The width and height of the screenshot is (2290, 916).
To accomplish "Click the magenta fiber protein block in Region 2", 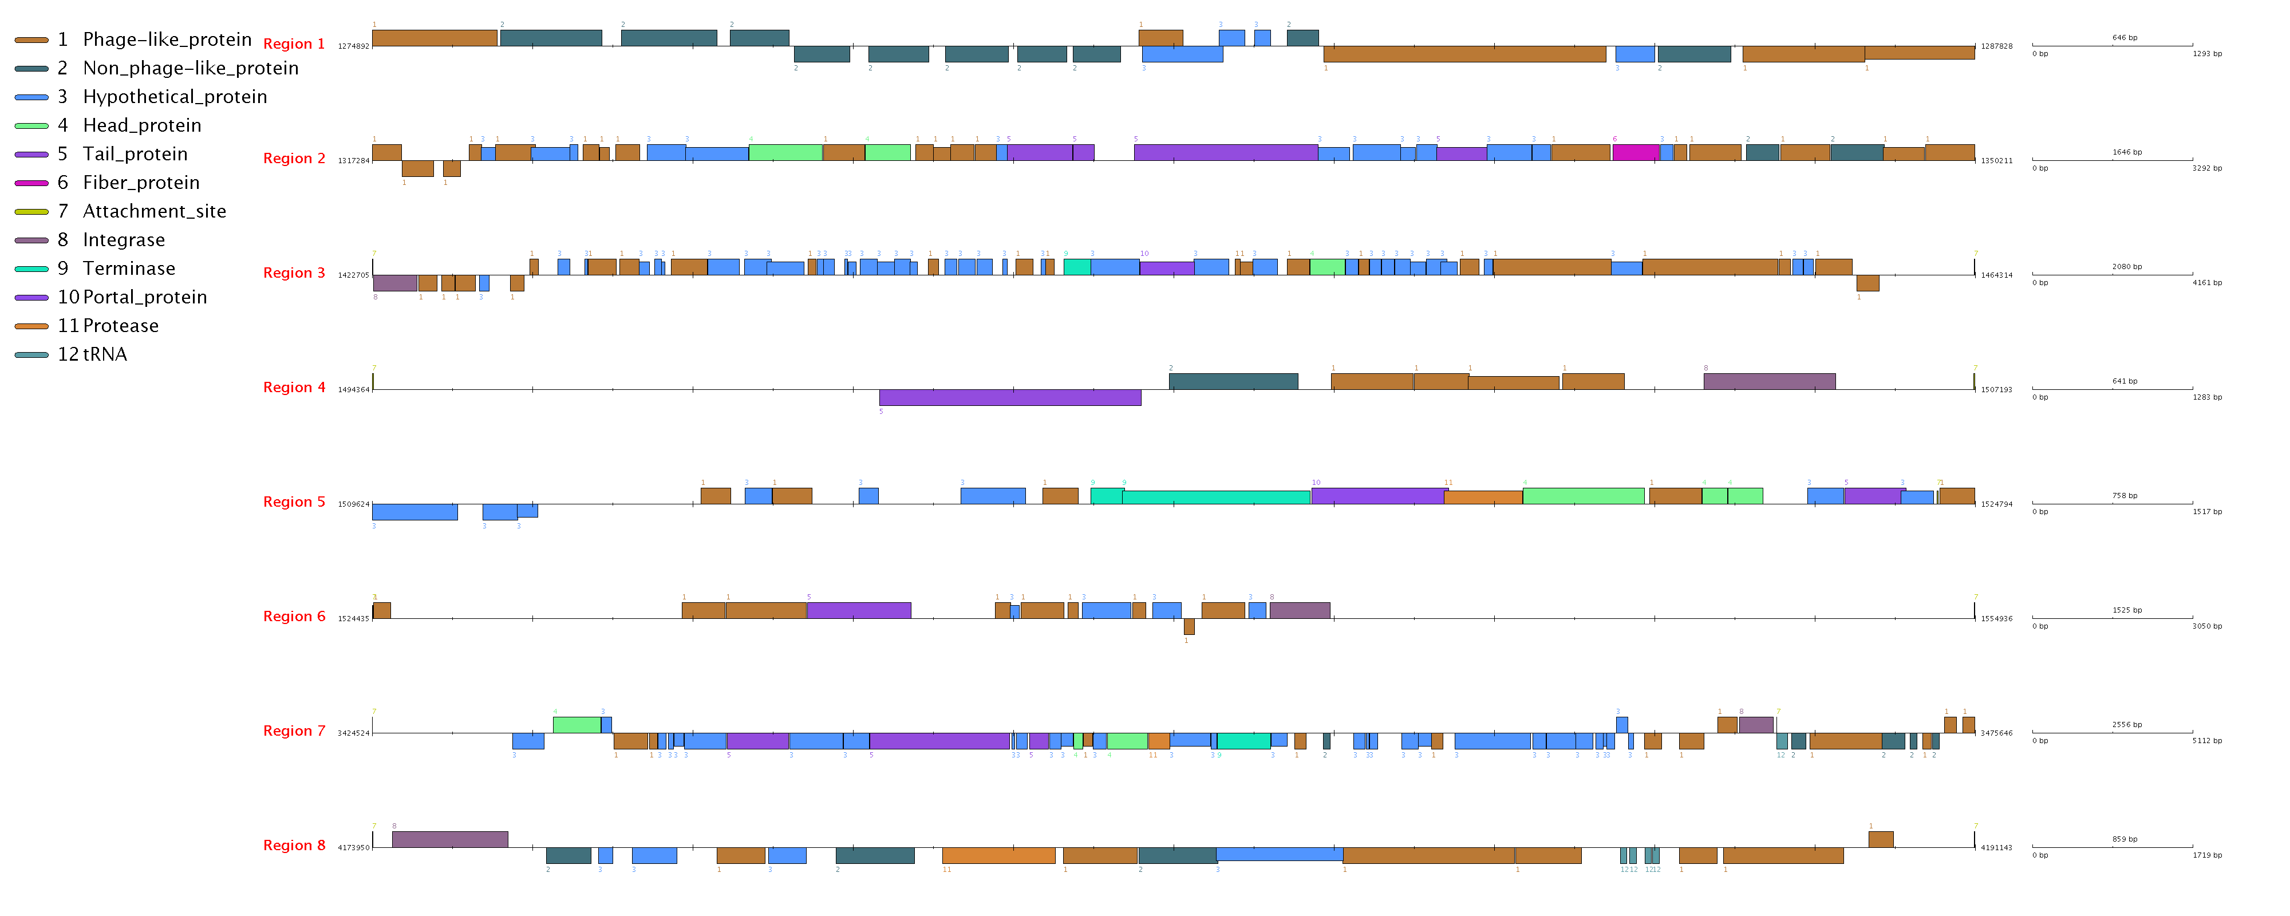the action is pyautogui.click(x=1636, y=152).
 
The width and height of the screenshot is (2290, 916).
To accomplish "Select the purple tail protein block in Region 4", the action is pyautogui.click(x=1010, y=397).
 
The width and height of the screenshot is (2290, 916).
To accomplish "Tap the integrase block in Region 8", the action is pyautogui.click(x=450, y=839).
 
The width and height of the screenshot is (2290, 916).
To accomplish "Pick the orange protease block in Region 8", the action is pyautogui.click(x=998, y=855).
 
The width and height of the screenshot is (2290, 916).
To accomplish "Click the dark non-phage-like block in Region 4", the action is pyautogui.click(x=1233, y=381).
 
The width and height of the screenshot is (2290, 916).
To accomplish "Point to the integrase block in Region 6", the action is pyautogui.click(x=1300, y=610).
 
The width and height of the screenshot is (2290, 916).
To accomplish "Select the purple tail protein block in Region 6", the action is pyautogui.click(x=859, y=610).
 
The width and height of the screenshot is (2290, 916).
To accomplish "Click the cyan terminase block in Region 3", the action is pyautogui.click(x=1076, y=267).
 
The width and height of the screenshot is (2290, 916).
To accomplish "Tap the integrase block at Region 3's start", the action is pyautogui.click(x=394, y=283).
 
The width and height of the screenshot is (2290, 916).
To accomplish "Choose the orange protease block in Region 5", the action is pyautogui.click(x=1483, y=497).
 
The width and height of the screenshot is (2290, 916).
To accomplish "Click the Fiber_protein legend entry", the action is pyautogui.click(x=140, y=182).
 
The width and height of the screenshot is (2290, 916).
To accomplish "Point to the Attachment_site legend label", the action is pyautogui.click(x=154, y=211).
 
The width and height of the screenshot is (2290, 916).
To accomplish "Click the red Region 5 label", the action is pyautogui.click(x=293, y=502).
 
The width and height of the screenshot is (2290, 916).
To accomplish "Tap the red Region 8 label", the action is pyautogui.click(x=293, y=845).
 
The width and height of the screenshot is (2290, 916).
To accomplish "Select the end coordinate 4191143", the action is pyautogui.click(x=1996, y=847).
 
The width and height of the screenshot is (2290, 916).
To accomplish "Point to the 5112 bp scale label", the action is pyautogui.click(x=2206, y=741).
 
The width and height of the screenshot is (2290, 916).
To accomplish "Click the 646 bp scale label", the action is pyautogui.click(x=2125, y=37).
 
